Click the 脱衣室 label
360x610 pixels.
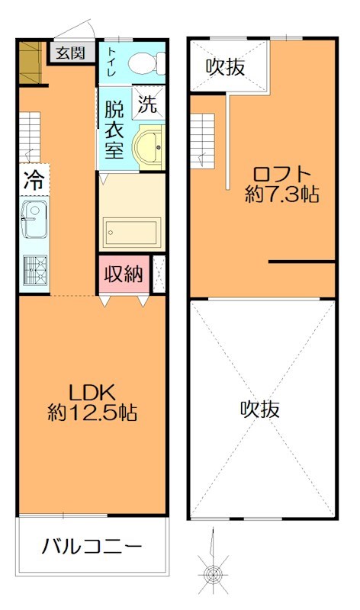pyautogui.click(x=114, y=129)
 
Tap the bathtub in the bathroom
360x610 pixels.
pyautogui.click(x=131, y=231)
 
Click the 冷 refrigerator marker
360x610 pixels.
pyautogui.click(x=33, y=181)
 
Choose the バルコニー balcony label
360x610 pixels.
pyautogui.click(x=92, y=547)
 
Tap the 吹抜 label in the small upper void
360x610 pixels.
pyautogui.click(x=226, y=67)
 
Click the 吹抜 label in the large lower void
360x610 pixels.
pyautogui.click(x=261, y=409)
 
